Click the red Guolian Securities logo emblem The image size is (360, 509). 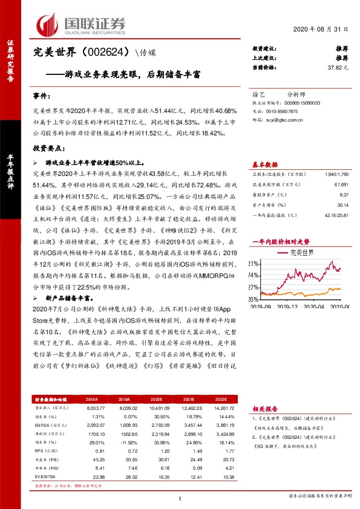[48, 24]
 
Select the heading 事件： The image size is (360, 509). [43, 97]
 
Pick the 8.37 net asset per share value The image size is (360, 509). [344, 195]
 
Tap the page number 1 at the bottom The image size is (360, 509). [180, 498]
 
